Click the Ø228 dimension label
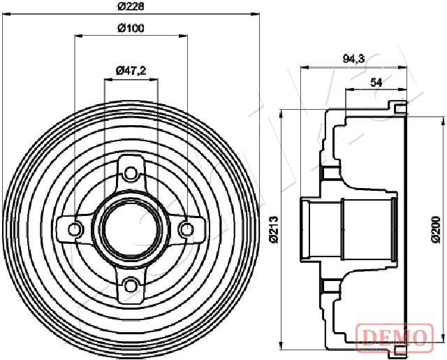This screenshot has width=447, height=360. tap(131, 6)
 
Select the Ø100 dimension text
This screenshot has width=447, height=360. tap(131, 28)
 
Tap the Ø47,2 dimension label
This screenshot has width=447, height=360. tap(131, 71)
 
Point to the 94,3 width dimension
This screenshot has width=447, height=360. tap(353, 59)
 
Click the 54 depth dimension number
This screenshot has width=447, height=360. tap(376, 82)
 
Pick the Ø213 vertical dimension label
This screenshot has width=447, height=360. tap(274, 229)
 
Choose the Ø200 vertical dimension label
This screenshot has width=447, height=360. tap(436, 229)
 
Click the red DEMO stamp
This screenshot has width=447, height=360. tap(395, 337)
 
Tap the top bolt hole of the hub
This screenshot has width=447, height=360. tap(131, 173)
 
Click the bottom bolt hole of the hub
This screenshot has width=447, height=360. tap(131, 285)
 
